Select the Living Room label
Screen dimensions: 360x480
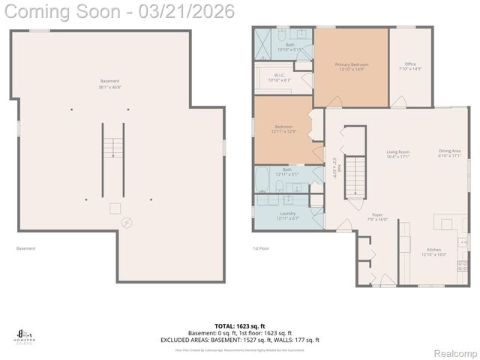(x=397, y=154)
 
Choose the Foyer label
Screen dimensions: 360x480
(x=377, y=217)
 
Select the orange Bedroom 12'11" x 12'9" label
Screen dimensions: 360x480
(x=283, y=129)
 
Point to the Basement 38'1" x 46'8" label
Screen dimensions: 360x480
(x=110, y=84)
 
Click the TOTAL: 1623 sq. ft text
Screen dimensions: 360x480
(x=239, y=326)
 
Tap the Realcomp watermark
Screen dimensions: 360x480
(x=456, y=352)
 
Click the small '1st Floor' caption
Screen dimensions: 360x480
(x=260, y=248)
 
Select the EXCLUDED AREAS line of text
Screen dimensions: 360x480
(x=239, y=340)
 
